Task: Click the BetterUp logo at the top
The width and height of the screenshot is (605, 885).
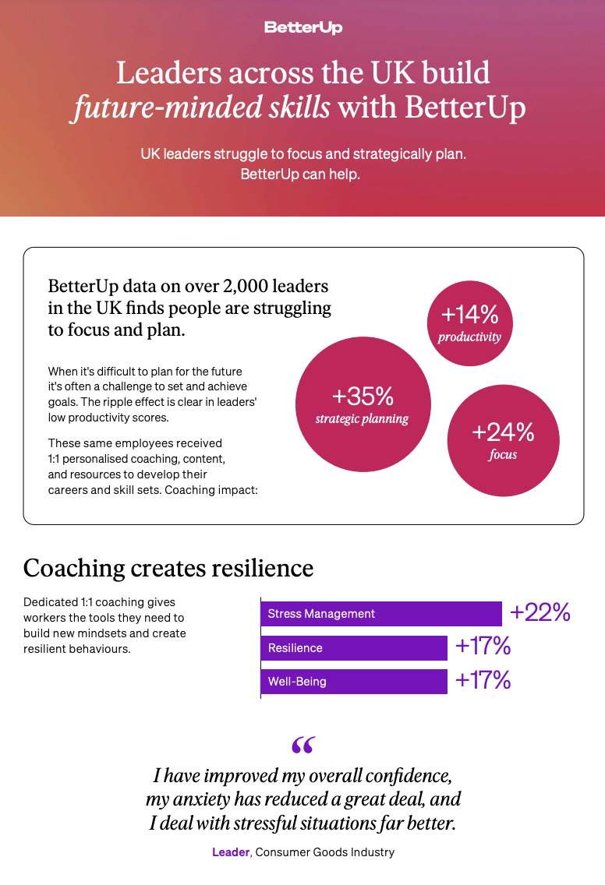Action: [303, 27]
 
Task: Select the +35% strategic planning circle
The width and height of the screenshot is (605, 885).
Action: [362, 404]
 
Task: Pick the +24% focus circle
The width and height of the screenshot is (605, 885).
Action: [503, 440]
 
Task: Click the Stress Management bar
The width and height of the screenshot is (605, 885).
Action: [380, 614]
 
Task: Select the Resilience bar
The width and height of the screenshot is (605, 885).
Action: [353, 648]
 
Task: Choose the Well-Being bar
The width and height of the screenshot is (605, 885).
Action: [353, 682]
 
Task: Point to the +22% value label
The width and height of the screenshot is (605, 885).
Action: [540, 612]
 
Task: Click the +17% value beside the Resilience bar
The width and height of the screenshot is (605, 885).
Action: [483, 647]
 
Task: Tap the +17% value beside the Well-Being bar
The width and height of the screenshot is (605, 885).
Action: [483, 680]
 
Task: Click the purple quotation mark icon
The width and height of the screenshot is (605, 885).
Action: [302, 746]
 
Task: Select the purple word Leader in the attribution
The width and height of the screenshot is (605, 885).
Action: [231, 852]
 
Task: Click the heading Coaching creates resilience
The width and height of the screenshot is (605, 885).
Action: [168, 568]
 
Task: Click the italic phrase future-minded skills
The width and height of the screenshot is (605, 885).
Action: [200, 108]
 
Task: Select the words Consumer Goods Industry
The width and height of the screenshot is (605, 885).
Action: [326, 852]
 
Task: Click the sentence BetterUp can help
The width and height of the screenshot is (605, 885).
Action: [300, 175]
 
